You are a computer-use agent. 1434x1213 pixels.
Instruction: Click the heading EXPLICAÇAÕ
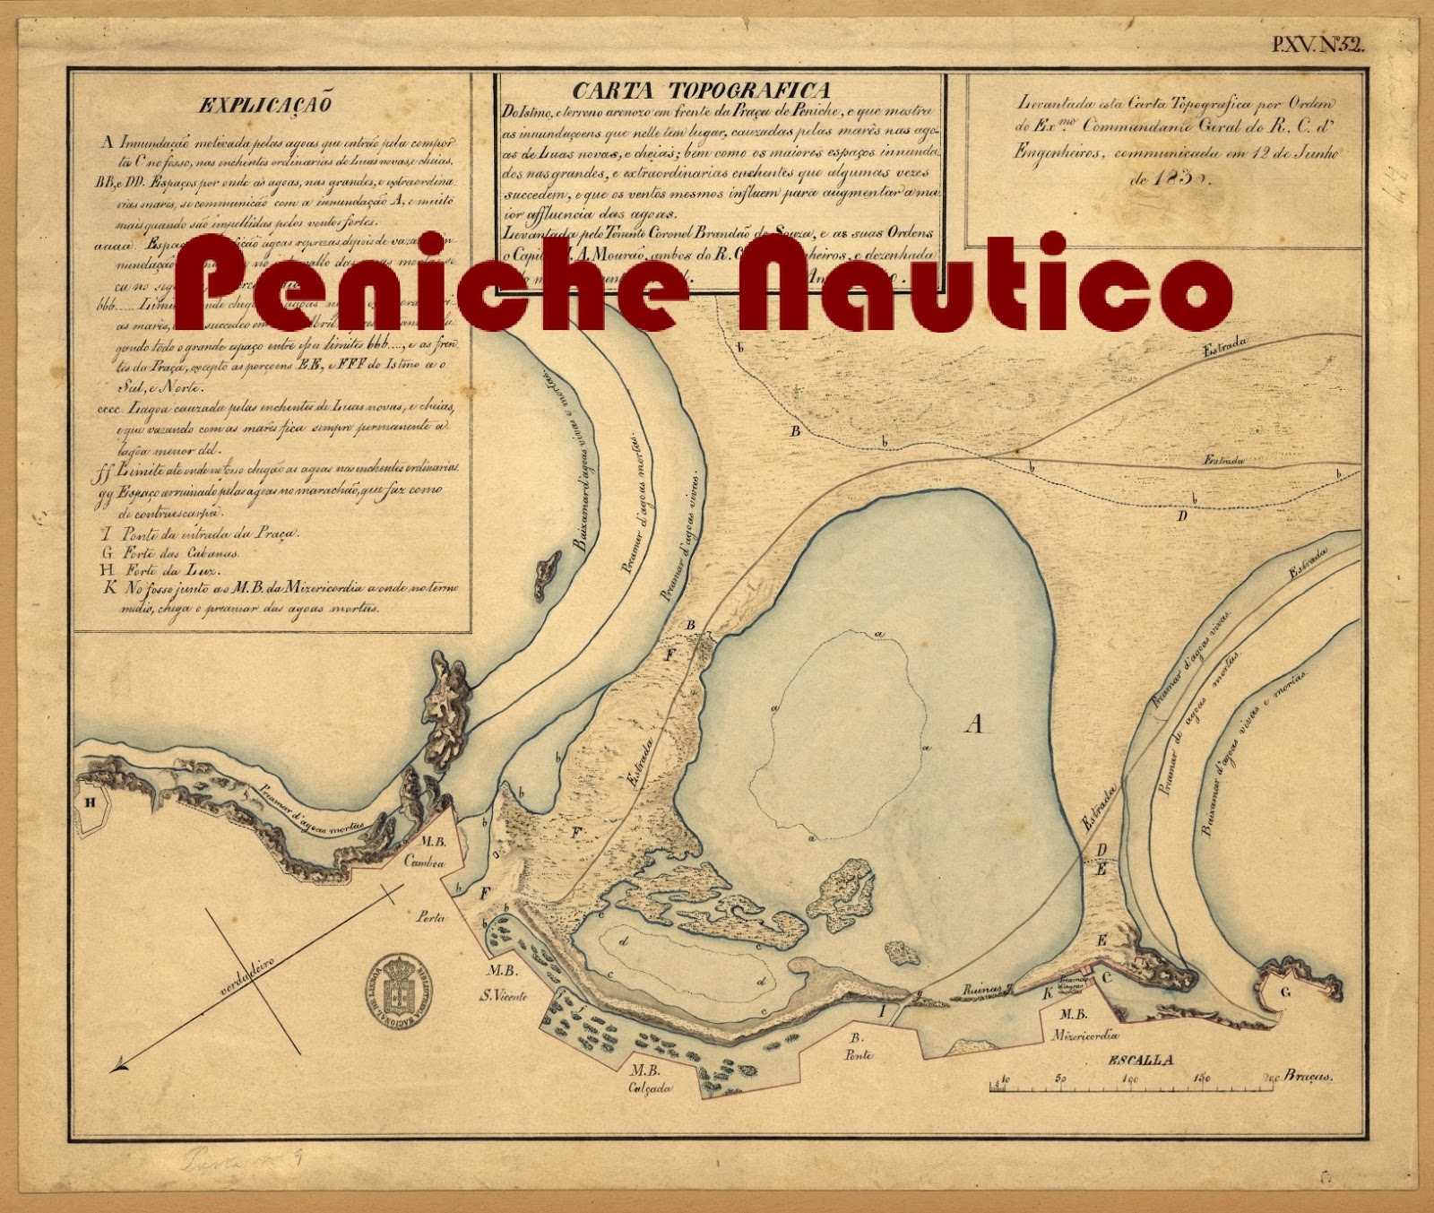click(265, 105)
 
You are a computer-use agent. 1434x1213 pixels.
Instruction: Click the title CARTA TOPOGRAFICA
click(702, 90)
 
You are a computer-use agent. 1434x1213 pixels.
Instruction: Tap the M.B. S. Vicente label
click(504, 983)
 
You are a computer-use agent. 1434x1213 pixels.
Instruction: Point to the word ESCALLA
click(1141, 1060)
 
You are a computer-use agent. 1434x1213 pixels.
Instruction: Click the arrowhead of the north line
click(117, 1067)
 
